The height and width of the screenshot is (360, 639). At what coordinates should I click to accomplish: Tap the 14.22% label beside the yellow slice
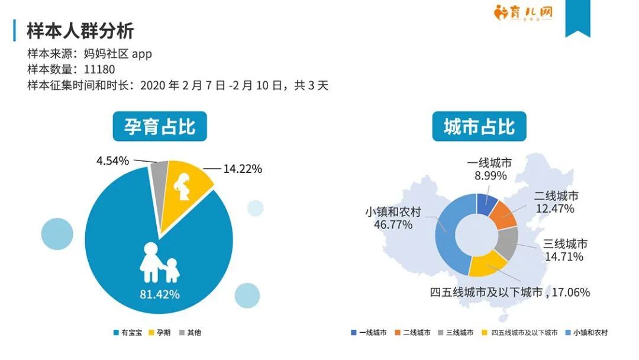[243, 169]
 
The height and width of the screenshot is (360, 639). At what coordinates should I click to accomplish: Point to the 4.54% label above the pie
[112, 160]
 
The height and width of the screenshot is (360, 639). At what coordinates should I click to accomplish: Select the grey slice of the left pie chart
[159, 172]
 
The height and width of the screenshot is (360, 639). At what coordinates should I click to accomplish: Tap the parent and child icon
[159, 262]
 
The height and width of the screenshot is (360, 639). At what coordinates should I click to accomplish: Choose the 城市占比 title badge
[479, 126]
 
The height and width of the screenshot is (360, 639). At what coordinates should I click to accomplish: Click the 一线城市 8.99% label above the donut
[489, 169]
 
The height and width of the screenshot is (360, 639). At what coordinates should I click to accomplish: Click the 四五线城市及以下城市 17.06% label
[509, 292]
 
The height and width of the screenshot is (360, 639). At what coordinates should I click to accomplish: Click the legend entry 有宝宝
[128, 333]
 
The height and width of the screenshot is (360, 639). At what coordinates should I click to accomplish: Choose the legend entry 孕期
[163, 333]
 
